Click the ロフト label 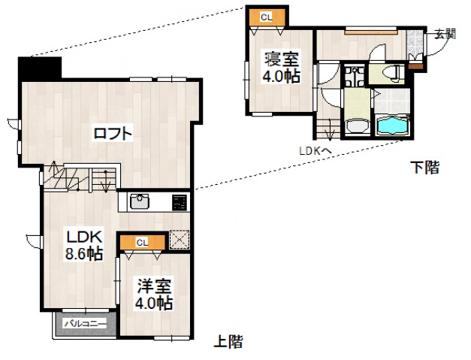pyautogui.click(x=113, y=134)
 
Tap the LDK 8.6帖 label pyautogui.click(x=82, y=245)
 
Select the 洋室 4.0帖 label pyautogui.click(x=154, y=294)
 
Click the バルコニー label pyautogui.click(x=83, y=323)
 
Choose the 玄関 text pyautogui.click(x=445, y=33)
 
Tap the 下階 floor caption pyautogui.click(x=424, y=168)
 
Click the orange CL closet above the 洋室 pyautogui.click(x=143, y=241)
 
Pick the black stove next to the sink pyautogui.click(x=180, y=201)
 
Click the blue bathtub pyautogui.click(x=392, y=126)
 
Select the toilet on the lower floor pyautogui.click(x=391, y=72)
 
